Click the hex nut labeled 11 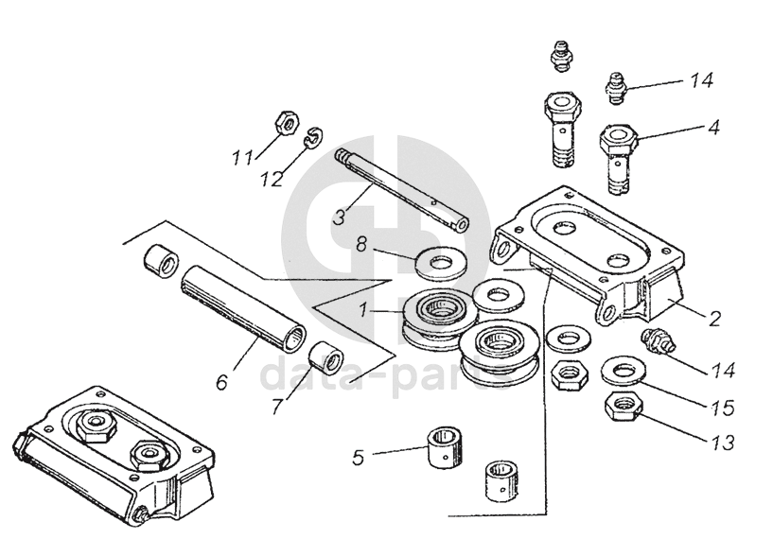coord(283,122)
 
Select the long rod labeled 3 coord(401,189)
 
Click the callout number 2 coord(715,319)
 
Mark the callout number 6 coord(222,382)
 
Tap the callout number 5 coord(358,459)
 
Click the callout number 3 coord(338,217)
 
